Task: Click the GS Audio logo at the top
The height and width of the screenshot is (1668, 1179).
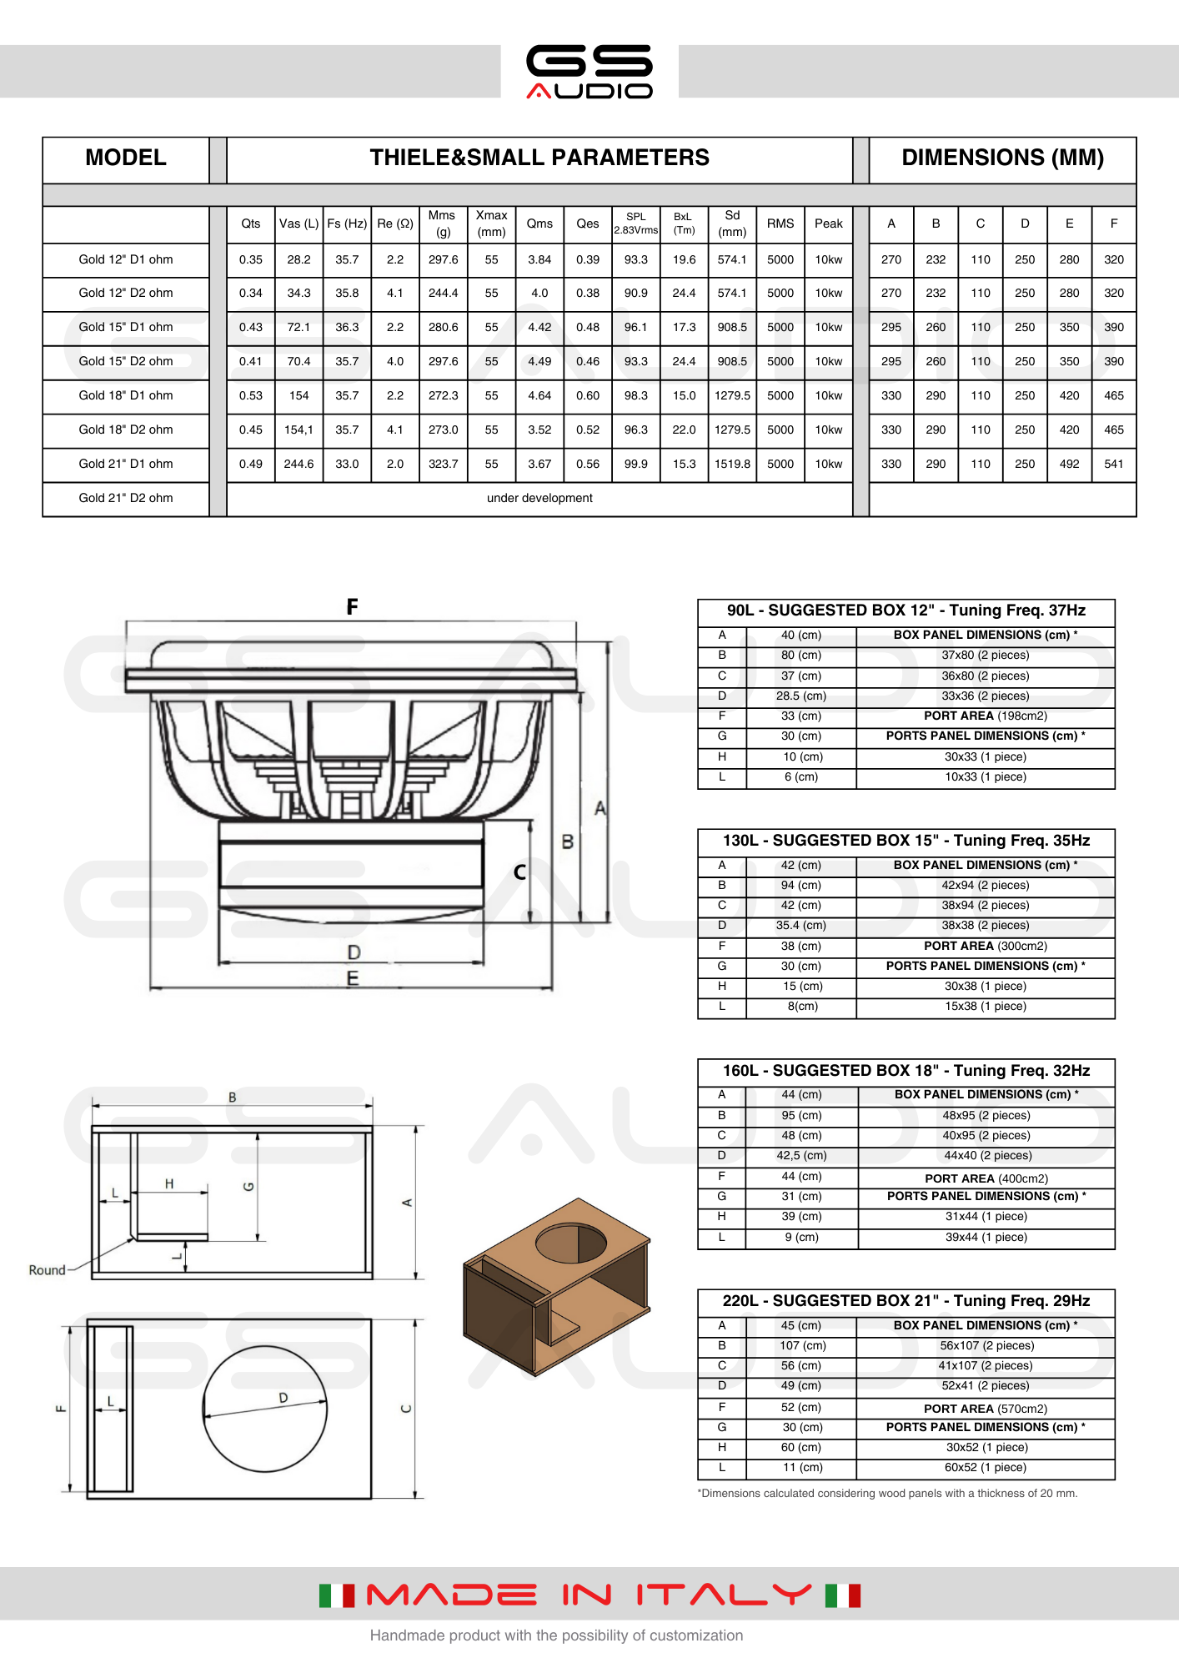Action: point(589,72)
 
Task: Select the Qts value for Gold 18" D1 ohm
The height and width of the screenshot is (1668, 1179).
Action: point(250,395)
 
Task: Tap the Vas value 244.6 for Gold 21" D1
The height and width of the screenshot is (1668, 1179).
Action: point(299,464)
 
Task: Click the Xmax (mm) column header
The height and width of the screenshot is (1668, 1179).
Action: point(491,224)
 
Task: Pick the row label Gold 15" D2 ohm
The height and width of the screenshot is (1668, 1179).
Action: point(126,361)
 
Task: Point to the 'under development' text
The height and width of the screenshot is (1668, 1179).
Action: point(539,498)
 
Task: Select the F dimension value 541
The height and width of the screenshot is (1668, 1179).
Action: point(1113,464)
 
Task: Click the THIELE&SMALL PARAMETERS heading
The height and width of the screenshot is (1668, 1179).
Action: point(539,158)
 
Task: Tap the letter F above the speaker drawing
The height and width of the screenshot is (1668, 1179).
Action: point(352,607)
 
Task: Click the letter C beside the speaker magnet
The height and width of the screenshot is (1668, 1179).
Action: point(519,872)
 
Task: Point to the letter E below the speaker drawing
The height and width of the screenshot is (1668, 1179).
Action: point(353,978)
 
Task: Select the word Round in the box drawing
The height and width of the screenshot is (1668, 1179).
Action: point(47,1270)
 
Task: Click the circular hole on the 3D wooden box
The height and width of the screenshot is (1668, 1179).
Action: point(571,1243)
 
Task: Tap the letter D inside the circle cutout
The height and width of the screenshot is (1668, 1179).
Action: point(283,1398)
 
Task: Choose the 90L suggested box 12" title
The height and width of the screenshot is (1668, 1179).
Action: point(906,610)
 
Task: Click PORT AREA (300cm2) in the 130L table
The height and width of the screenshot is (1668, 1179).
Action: point(985,946)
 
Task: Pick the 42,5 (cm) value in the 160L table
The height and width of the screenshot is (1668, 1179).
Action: point(801,1156)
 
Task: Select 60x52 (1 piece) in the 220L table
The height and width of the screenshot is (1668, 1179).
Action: point(985,1467)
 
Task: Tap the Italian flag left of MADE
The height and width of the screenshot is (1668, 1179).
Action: point(337,1595)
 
